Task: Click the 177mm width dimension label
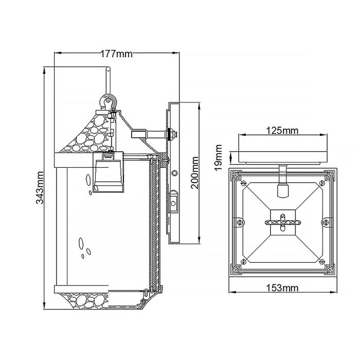[x=115, y=53]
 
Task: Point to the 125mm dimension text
[x=282, y=131]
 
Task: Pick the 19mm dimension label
[x=219, y=157]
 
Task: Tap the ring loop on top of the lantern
[x=108, y=101]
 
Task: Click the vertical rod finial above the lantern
[x=107, y=81]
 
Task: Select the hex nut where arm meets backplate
[x=171, y=135]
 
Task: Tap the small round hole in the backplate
[x=175, y=173]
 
